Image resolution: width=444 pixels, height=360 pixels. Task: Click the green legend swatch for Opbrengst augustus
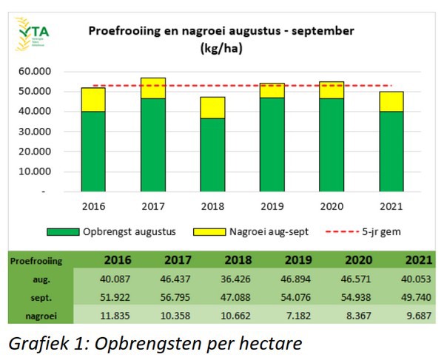click(x=64, y=231)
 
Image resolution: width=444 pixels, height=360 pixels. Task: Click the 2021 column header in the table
click(x=417, y=259)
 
